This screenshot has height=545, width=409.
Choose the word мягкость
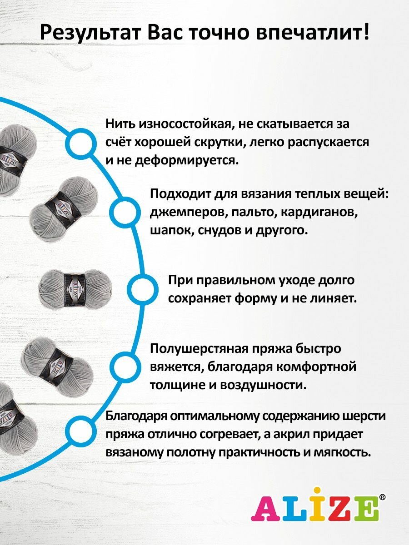point(346,452)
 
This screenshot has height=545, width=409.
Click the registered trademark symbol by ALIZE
point(382,498)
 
